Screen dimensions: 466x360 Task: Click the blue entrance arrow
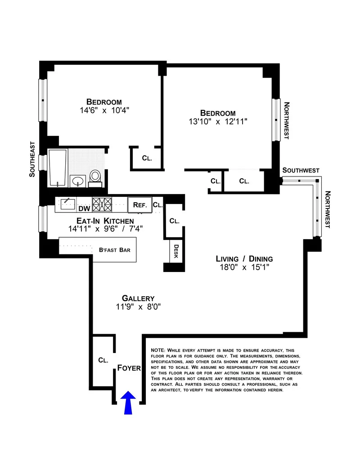tap(129, 402)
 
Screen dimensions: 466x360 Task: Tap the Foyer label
tap(129, 368)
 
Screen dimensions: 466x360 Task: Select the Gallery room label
tap(138, 298)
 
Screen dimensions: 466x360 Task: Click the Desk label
tap(176, 253)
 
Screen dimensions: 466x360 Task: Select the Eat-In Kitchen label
tap(101, 221)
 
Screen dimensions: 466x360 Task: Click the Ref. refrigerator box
tap(139, 205)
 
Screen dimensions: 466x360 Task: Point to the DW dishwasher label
tap(84, 208)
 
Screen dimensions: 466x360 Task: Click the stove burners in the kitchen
tap(102, 204)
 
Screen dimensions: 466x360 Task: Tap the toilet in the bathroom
tap(95, 176)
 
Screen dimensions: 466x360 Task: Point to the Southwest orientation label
tap(301, 171)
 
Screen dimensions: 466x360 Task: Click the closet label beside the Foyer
tap(103, 360)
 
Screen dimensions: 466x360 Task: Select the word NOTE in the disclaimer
tap(158, 350)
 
